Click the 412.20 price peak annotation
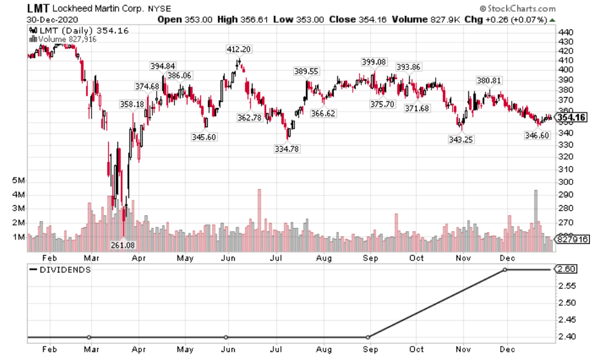pyautogui.click(x=239, y=49)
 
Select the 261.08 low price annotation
pyautogui.click(x=122, y=245)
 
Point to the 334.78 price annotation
pyautogui.click(x=287, y=149)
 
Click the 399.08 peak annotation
pyautogui.click(x=374, y=61)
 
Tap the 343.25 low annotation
pyautogui.click(x=460, y=139)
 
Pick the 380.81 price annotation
pyautogui.click(x=489, y=80)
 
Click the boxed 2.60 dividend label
pyautogui.click(x=565, y=269)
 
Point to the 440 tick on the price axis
pyautogui.click(x=566, y=32)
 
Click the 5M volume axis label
pyautogui.click(x=18, y=181)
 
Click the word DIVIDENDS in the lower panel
pyautogui.click(x=65, y=270)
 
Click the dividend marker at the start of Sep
pyautogui.click(x=367, y=337)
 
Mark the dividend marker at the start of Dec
pyautogui.click(x=505, y=270)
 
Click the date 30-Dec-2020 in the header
pyautogui.click(x=52, y=20)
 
